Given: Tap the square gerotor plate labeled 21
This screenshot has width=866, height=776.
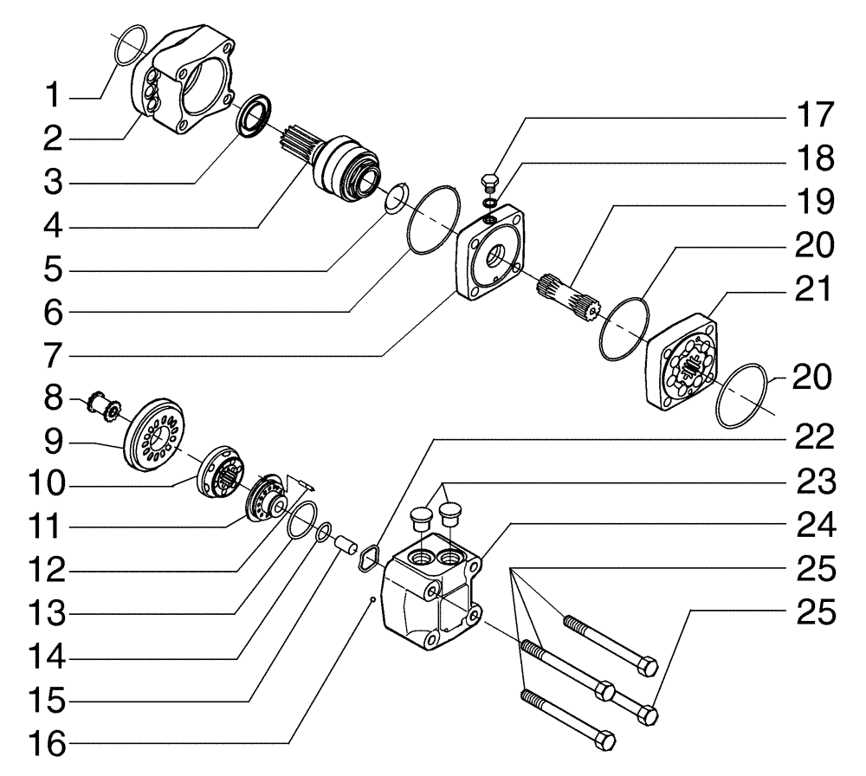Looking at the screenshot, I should (682, 362).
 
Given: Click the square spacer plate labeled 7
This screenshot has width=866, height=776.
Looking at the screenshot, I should (488, 252).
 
